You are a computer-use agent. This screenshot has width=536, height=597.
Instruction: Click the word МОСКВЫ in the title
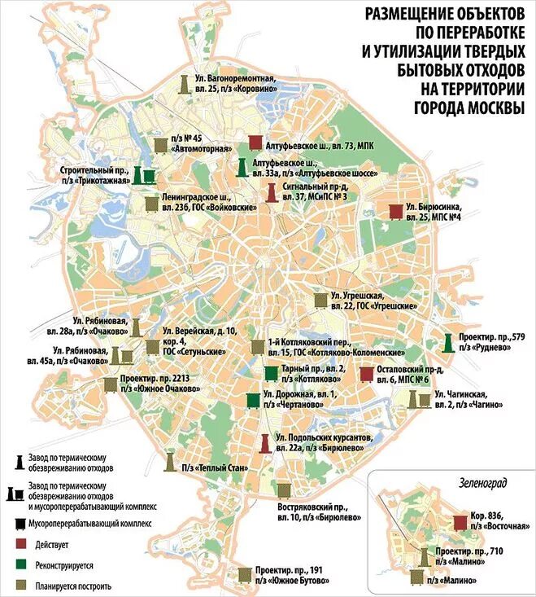click(x=490, y=107)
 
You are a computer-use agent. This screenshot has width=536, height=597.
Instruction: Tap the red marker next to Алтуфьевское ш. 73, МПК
click(x=255, y=143)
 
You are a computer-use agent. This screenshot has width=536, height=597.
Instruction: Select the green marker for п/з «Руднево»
click(x=447, y=343)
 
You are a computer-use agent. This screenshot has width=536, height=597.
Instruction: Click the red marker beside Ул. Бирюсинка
click(x=396, y=212)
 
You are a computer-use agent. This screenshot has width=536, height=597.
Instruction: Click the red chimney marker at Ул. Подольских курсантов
click(x=265, y=443)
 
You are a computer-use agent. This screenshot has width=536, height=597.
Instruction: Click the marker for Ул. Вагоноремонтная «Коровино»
click(x=185, y=82)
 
